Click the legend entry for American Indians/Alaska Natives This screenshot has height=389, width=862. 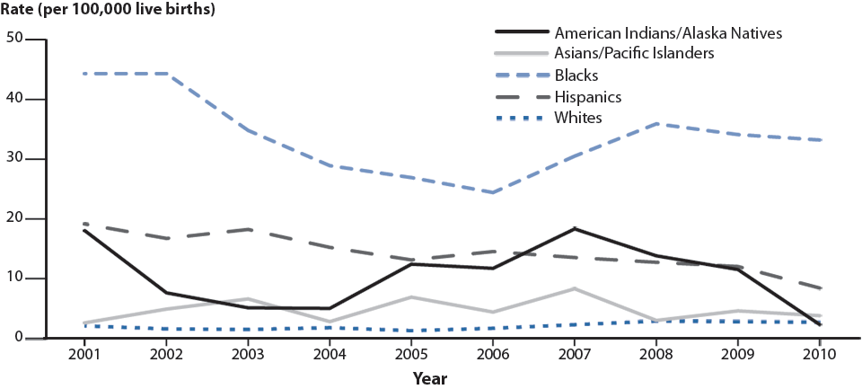pos(669,33)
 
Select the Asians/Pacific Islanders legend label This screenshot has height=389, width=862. pos(634,54)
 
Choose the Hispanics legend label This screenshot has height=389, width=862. pos(588,96)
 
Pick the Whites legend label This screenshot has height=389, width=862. pos(577,118)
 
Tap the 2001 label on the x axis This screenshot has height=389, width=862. pos(84,354)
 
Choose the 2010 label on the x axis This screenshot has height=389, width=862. pos(820,354)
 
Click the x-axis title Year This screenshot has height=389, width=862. pos(430,378)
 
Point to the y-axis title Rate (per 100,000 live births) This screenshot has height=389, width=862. pos(109,11)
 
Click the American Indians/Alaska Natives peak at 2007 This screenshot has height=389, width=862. pos(575,228)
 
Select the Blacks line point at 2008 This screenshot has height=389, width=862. pos(656,123)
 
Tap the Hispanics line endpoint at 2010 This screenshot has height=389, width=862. pos(820,288)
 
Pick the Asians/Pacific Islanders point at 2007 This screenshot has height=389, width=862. pos(575,288)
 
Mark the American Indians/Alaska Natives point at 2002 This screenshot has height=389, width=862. pos(166,293)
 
